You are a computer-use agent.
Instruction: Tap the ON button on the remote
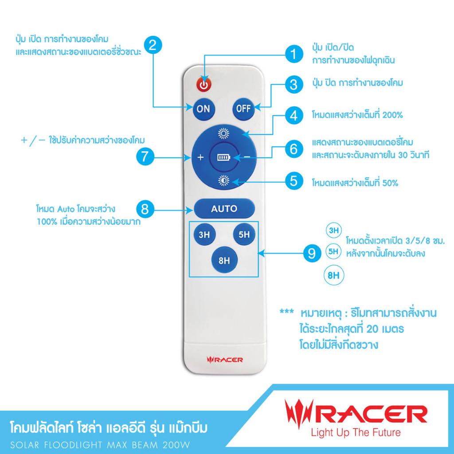[x=203, y=109]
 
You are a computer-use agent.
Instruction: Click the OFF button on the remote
[x=243, y=109]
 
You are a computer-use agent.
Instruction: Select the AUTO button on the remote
[x=224, y=208]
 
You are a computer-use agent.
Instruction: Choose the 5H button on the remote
[x=244, y=234]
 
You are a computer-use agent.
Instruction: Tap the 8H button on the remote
[x=224, y=260]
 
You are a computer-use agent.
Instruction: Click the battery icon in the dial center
[x=224, y=157]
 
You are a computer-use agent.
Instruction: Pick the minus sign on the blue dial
[x=247, y=157]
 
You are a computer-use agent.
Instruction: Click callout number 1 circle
[x=294, y=54]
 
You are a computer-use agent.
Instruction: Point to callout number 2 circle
[x=153, y=45]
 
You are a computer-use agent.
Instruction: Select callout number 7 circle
[x=145, y=157]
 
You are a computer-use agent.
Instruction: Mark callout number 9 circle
[x=312, y=254]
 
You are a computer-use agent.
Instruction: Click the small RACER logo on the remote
[x=225, y=360]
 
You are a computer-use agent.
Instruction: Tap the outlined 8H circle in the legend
[x=333, y=275]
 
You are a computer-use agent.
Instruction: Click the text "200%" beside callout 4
[x=392, y=115]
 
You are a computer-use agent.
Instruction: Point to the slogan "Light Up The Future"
[x=356, y=433]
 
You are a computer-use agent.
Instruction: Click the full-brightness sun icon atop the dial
[x=223, y=134]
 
